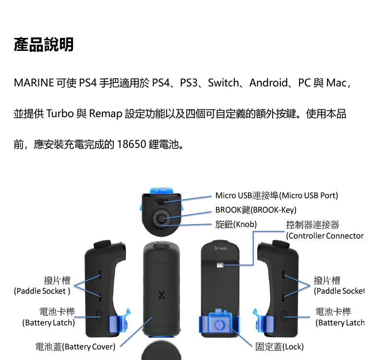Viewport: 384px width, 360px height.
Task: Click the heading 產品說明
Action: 44,45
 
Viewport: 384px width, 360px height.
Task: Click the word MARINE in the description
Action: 34,83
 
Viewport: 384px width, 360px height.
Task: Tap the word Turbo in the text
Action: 60,114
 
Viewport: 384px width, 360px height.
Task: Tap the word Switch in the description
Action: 223,83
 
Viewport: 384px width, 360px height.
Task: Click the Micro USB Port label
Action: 276,195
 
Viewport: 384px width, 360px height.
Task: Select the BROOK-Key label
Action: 256,210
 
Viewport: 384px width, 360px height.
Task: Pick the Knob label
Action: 236,224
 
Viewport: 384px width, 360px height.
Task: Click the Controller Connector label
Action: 324,230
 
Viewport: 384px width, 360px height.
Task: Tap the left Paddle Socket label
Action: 43,286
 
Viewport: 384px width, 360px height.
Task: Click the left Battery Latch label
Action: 49,317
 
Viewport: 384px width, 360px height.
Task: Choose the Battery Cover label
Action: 75,347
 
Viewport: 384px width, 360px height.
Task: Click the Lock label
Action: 279,347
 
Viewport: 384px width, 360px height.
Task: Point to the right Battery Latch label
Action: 339,317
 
